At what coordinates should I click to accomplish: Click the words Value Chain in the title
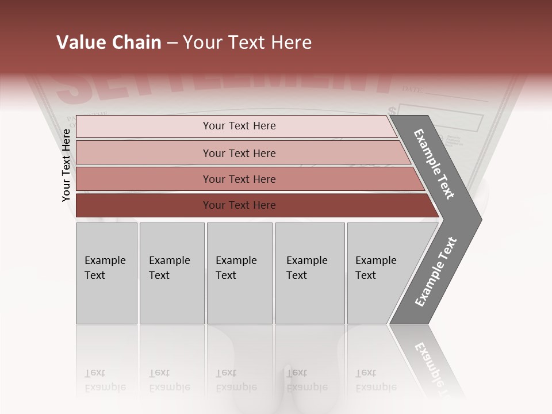pyautogui.click(x=109, y=43)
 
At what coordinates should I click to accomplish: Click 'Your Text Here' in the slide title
pyautogui.click(x=247, y=43)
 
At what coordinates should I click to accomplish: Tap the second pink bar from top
pyautogui.click(x=239, y=153)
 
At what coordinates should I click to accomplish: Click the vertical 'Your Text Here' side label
pyautogui.click(x=66, y=165)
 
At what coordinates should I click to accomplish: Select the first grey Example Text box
pyautogui.click(x=106, y=273)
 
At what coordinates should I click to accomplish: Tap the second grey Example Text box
pyautogui.click(x=171, y=273)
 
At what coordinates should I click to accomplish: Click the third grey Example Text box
pyautogui.click(x=239, y=273)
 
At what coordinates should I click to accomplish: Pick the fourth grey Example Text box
pyautogui.click(x=309, y=273)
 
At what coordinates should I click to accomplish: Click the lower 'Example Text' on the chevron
pyautogui.click(x=435, y=271)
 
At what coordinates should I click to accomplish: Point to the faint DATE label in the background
pyautogui.click(x=412, y=89)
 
